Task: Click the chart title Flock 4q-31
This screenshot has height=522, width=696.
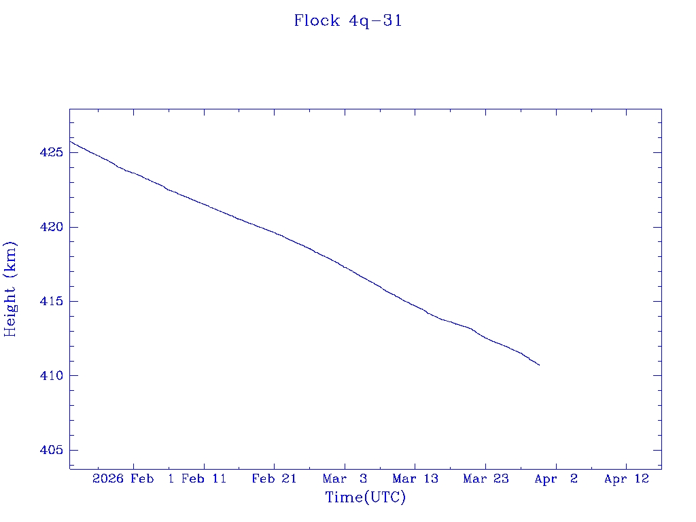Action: [348, 21]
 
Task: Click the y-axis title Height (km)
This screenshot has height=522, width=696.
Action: [10, 289]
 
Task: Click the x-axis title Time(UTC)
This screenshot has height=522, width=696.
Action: [366, 498]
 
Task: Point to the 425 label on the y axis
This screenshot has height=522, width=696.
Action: [52, 153]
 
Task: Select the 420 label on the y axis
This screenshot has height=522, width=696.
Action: [52, 227]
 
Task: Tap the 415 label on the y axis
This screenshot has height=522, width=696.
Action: [52, 302]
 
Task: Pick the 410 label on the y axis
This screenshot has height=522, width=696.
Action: [52, 376]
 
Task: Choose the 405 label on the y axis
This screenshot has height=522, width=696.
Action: [52, 451]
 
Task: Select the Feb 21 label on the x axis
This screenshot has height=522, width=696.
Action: [274, 479]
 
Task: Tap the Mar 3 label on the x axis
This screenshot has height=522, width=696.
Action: [345, 479]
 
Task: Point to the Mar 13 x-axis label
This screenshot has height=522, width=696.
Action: [415, 479]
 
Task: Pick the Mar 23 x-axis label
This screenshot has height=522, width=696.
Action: [485, 479]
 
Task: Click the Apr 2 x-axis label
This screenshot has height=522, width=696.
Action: [556, 479]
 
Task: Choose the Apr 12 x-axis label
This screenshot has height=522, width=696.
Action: [627, 479]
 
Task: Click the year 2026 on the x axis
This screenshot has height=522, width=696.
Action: [109, 479]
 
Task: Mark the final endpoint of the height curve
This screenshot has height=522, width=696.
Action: [539, 365]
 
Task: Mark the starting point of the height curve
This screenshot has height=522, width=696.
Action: [70, 141]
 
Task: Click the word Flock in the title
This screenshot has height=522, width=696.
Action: [317, 21]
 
